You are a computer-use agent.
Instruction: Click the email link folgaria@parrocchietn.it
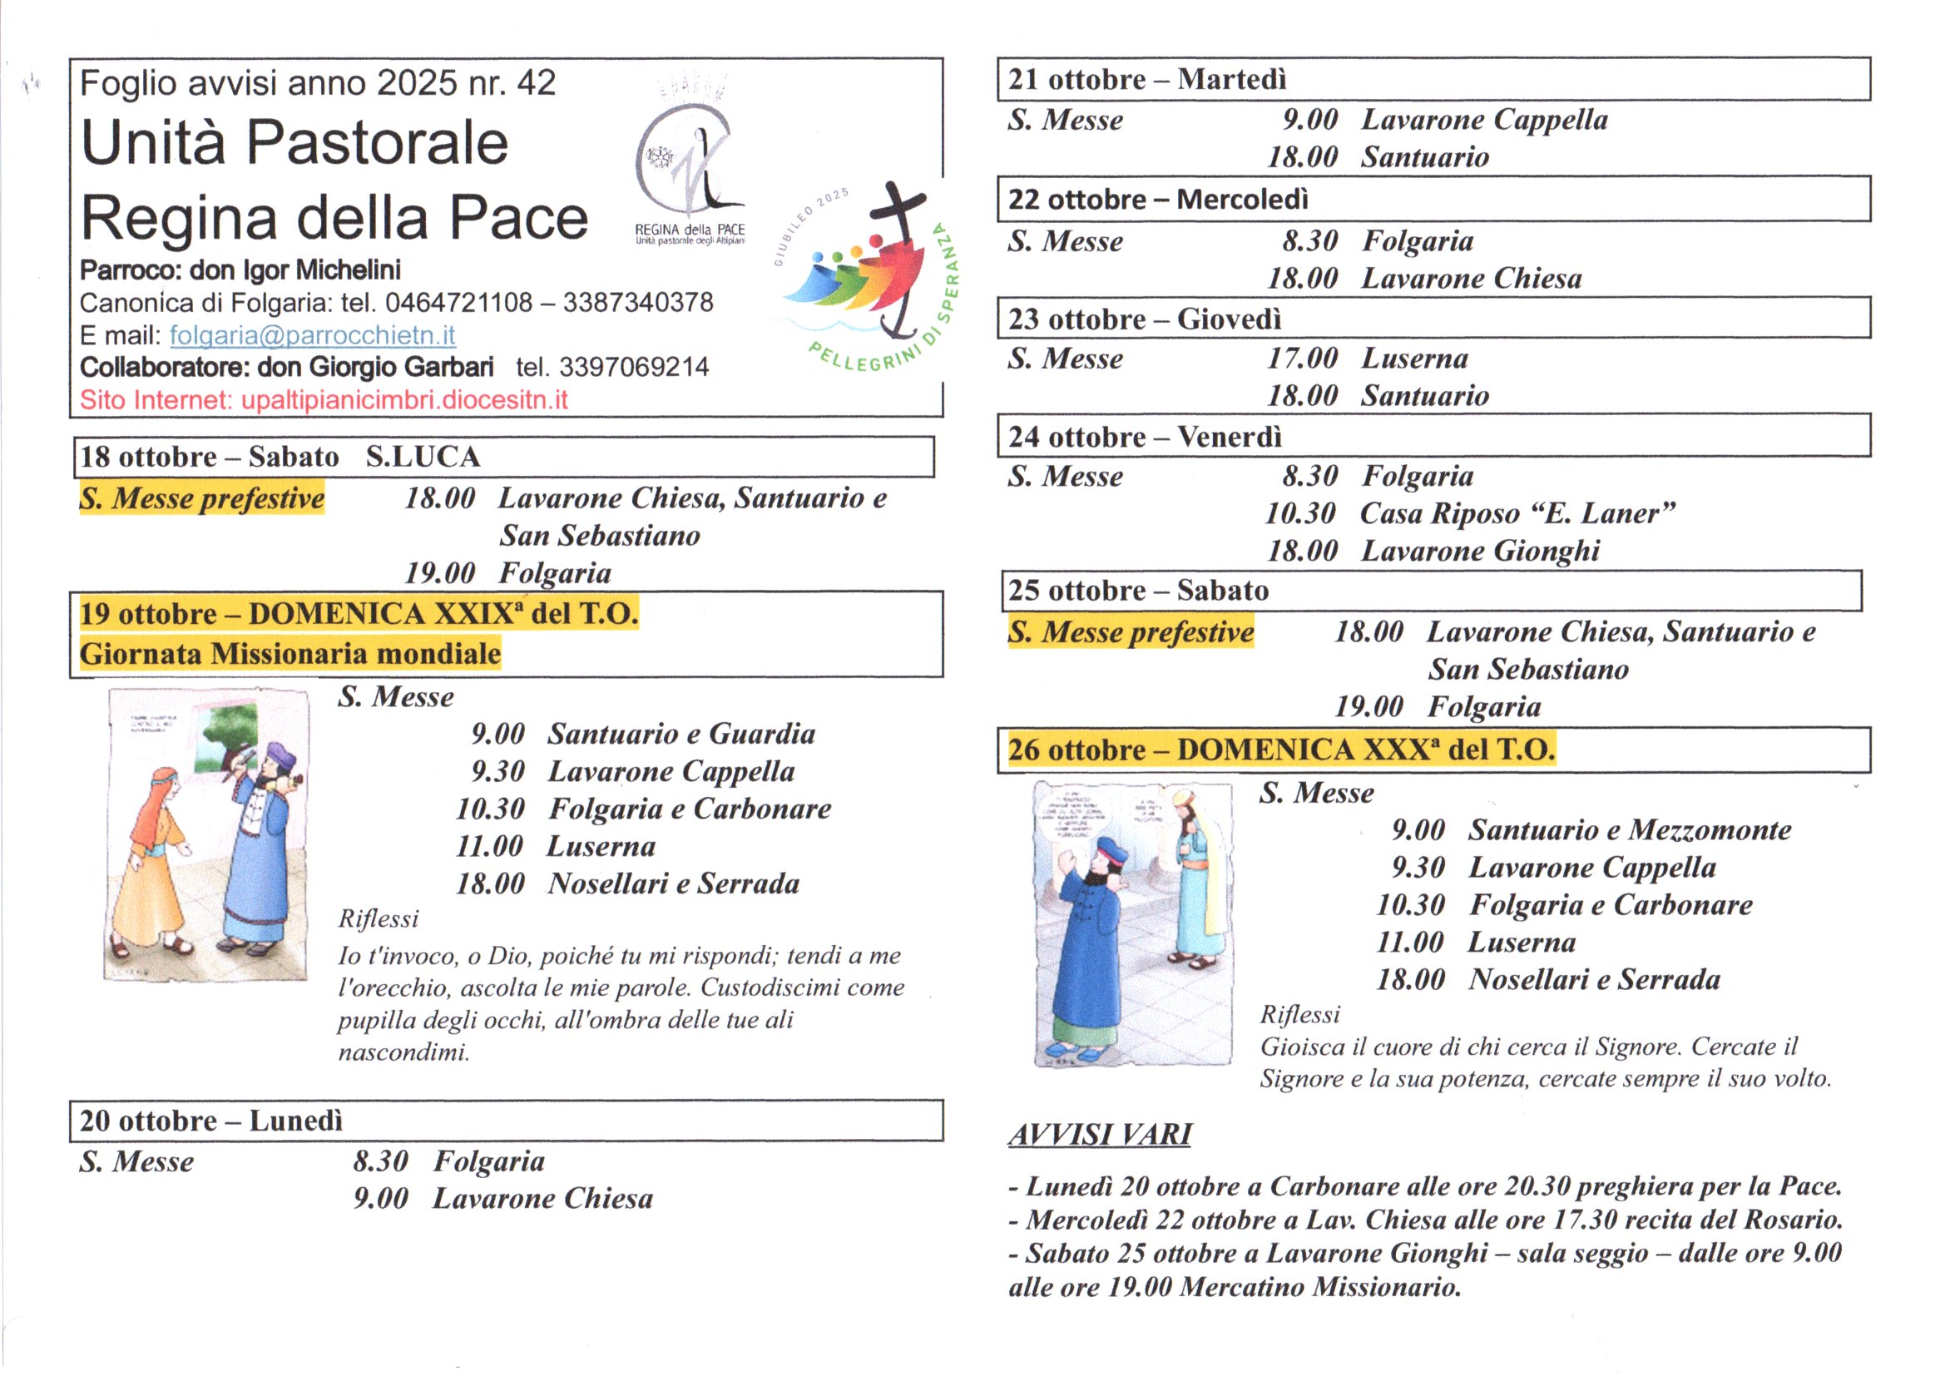312,335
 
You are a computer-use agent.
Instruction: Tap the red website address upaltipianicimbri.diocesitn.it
404,400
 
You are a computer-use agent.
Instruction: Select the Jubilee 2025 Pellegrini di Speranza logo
869,280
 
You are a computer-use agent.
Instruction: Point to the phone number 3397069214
634,367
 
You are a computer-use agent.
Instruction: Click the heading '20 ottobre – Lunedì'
211,1120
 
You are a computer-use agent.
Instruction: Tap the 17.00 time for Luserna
1301,359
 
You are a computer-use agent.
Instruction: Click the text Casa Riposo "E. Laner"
1517,513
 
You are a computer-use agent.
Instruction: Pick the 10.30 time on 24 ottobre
1299,513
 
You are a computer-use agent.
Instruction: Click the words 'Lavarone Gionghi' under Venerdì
1480,551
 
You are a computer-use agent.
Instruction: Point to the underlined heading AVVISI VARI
1100,1134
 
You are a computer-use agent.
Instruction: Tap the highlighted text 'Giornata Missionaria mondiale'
290,654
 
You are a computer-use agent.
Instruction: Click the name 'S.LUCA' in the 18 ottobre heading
423,457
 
